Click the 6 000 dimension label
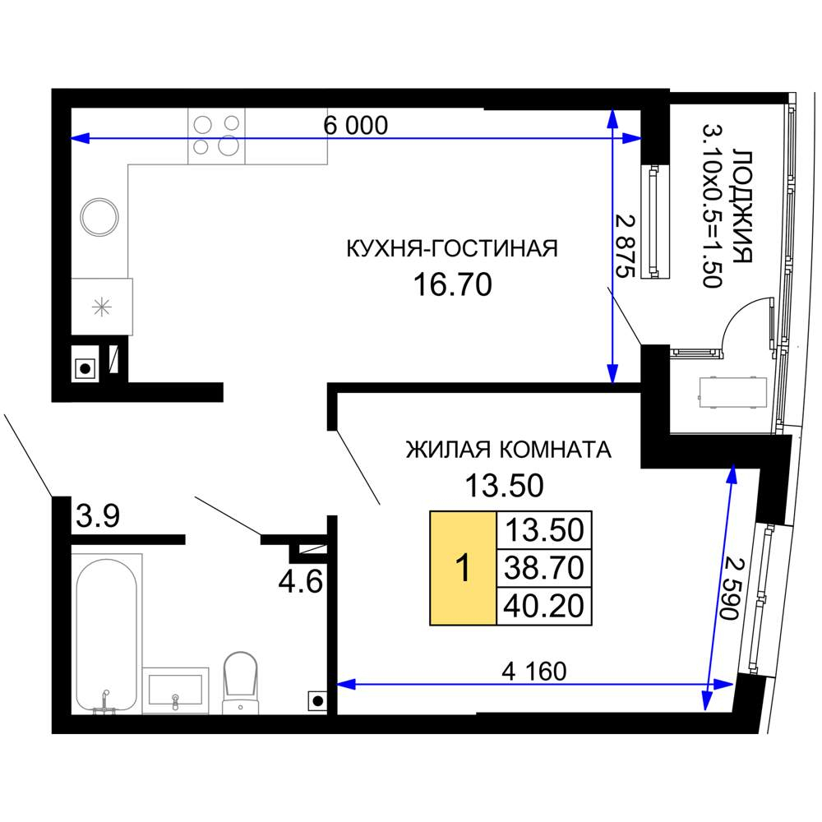[355, 125]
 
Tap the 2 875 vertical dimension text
[626, 246]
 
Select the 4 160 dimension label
[533, 671]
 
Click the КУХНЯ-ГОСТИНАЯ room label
[452, 248]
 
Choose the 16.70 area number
[452, 284]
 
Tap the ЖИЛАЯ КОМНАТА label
[509, 450]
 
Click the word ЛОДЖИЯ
[742, 206]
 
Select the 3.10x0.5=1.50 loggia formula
[713, 205]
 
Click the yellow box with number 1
[463, 568]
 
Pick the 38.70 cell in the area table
[543, 568]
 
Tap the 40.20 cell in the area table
[543, 606]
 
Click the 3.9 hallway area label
[98, 516]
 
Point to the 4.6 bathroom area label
[300, 581]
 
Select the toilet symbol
[241, 683]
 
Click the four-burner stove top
[216, 136]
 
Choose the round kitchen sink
[99, 217]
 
